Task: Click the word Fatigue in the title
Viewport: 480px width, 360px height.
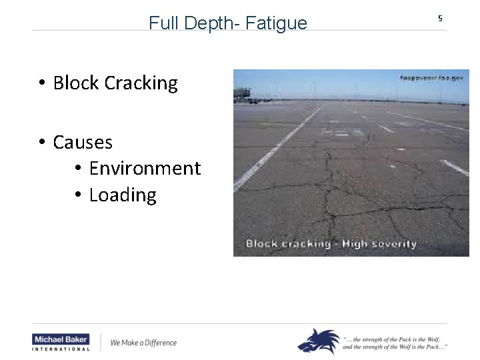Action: click(276, 23)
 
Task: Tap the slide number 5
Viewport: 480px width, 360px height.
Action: click(440, 19)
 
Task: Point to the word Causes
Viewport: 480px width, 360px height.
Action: click(83, 143)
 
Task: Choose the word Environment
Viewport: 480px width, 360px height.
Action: click(145, 169)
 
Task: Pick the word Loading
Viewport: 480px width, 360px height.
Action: click(123, 195)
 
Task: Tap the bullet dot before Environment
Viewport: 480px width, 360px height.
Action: click(77, 169)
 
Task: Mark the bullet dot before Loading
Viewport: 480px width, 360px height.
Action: click(77, 195)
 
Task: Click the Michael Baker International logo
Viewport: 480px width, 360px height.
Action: click(61, 343)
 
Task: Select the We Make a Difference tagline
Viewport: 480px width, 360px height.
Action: click(143, 343)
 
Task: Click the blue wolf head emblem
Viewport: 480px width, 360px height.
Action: click(317, 341)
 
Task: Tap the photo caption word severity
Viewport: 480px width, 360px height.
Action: click(389, 243)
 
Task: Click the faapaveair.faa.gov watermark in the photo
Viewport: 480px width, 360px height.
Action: click(431, 78)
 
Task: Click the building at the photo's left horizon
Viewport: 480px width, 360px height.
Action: click(243, 93)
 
